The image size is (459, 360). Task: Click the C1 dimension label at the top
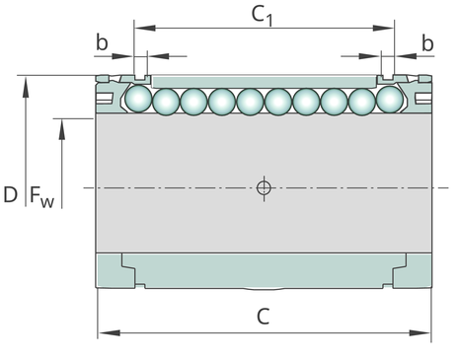pos(262,16)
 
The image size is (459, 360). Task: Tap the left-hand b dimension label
pos(102,42)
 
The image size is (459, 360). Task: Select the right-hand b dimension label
pos(427,43)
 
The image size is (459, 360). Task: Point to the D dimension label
pos(10,194)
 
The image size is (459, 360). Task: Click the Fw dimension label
pos(41,196)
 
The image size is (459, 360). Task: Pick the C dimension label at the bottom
pos(263,317)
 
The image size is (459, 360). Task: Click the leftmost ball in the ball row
pos(138,99)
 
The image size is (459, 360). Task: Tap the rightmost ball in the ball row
pos(390,99)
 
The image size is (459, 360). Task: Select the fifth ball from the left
pos(251,102)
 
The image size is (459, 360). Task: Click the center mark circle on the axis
pos(264,188)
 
